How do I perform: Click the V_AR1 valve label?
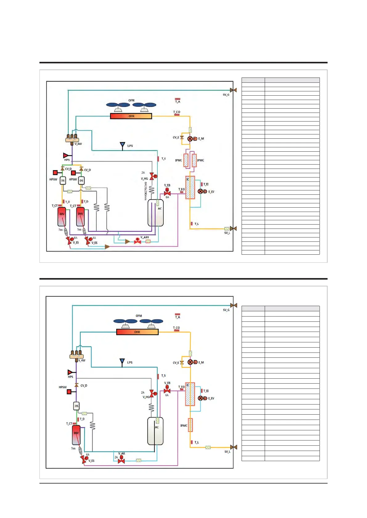click(x=145, y=237)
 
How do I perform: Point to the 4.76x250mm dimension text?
click(x=145, y=191)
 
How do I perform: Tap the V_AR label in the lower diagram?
click(x=121, y=453)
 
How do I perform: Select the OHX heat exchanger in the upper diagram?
click(x=131, y=116)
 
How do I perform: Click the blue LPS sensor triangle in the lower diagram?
click(x=122, y=361)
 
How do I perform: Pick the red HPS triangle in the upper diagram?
click(x=66, y=155)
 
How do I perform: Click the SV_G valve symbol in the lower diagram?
click(x=234, y=305)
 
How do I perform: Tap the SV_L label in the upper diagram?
click(x=227, y=233)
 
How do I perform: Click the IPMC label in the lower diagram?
click(x=184, y=425)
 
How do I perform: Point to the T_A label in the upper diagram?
click(x=177, y=102)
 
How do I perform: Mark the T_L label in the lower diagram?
click(x=197, y=442)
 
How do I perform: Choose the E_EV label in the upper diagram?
click(x=211, y=192)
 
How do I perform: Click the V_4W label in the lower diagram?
click(x=82, y=360)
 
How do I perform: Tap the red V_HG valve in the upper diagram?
click(x=152, y=176)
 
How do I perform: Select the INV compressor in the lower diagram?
click(x=76, y=435)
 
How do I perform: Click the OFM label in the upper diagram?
click(x=131, y=100)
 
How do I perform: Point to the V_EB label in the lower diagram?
click(x=167, y=383)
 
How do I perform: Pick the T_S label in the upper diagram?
click(x=163, y=159)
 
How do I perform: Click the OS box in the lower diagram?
click(x=76, y=406)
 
